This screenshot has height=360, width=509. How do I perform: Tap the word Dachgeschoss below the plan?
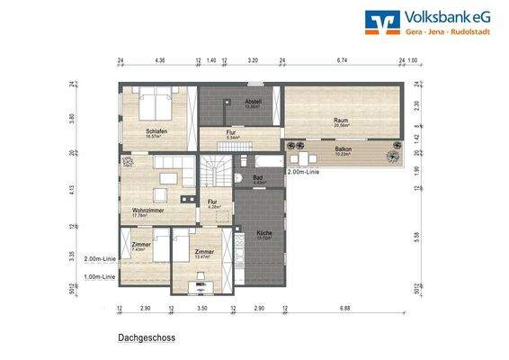pos(146,338)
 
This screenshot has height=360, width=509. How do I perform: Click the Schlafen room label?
pos(157,131)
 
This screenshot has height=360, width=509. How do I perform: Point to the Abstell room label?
pos(252,102)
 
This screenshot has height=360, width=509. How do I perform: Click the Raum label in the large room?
pos(341,121)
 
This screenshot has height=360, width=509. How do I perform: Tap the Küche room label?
pos(263,234)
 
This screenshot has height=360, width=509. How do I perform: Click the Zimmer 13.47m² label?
pos(204,252)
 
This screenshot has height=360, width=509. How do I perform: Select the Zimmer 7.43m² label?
pos(139,245)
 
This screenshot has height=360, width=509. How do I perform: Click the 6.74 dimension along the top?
pos(342,61)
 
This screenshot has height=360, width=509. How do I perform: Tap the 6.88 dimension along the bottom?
pos(346,308)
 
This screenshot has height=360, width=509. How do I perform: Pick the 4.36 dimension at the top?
pos(159,61)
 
